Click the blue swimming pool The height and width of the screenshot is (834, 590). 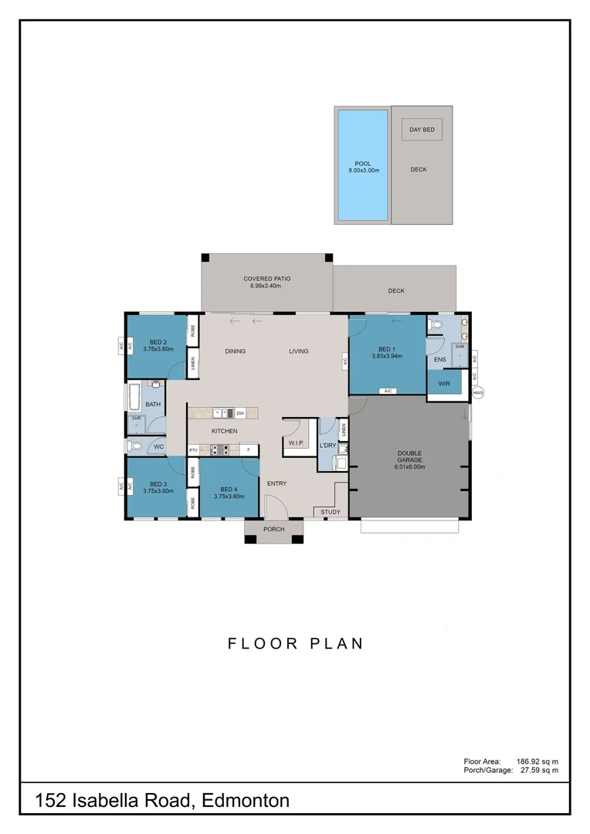[x=362, y=164]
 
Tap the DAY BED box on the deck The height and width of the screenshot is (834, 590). [x=422, y=130]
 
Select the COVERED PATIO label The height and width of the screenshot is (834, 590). [x=266, y=282]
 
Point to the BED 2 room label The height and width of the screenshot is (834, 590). [x=158, y=345]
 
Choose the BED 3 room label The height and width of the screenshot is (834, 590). [x=158, y=486]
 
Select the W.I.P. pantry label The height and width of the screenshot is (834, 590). [x=295, y=443]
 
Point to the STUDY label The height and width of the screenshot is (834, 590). [x=331, y=512]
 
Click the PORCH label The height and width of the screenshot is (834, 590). [x=273, y=529]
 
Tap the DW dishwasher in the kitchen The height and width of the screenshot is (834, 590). [x=240, y=413]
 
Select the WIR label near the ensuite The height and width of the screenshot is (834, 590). [x=443, y=383]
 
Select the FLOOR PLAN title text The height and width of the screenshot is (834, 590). [x=295, y=643]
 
